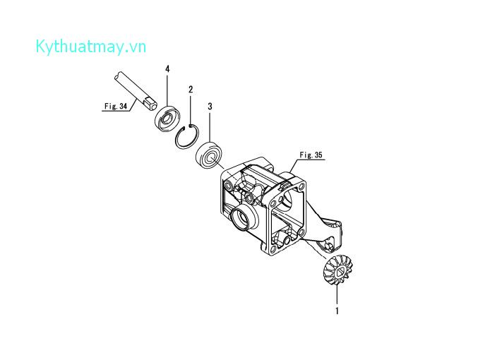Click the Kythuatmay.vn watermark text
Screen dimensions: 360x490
coord(90,47)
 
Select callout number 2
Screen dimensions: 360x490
coord(191,90)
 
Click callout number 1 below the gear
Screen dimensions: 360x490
coord(337,310)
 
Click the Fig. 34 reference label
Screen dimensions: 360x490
coord(114,107)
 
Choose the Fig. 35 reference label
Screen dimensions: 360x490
coord(310,154)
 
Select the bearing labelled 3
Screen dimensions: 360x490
coord(209,155)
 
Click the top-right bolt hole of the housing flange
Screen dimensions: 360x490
coord(304,187)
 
